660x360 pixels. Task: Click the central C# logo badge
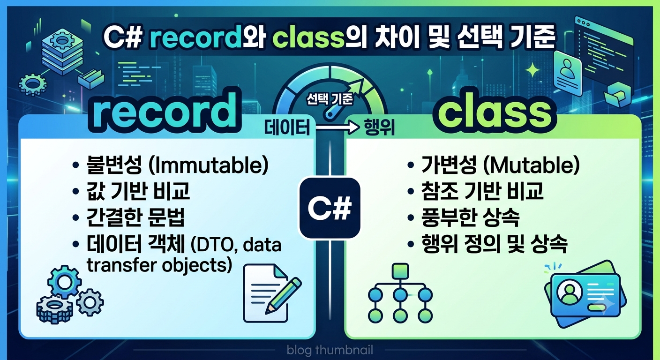pos(330,208)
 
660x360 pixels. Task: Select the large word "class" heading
pos(495,112)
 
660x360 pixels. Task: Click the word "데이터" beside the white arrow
pos(287,127)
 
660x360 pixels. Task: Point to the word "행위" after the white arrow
pos(379,127)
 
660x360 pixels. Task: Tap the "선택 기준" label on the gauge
pos(330,99)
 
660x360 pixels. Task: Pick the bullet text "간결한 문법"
pos(135,217)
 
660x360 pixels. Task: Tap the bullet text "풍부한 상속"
pos(470,217)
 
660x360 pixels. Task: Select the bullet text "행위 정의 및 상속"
pos(495,244)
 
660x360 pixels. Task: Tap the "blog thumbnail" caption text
pos(330,350)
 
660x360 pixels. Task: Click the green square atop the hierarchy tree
pos(400,271)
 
